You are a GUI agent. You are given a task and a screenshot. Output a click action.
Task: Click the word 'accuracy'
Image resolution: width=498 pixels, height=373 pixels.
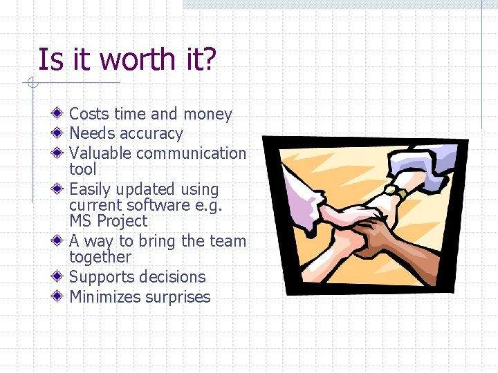pos(151,134)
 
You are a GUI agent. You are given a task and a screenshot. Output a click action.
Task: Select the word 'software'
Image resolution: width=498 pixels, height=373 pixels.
pos(163,205)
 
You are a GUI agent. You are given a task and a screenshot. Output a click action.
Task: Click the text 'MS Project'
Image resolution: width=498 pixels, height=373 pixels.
pos(109,221)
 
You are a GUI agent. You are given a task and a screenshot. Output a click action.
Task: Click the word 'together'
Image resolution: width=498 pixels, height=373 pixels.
pos(100,258)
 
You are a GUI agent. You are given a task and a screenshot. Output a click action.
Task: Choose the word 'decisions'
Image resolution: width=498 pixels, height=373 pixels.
pos(174,277)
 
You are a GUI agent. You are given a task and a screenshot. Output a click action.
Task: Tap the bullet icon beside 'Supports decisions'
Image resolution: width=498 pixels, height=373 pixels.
pos(60,276)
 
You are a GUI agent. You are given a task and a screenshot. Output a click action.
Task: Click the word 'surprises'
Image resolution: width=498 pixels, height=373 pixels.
pos(178,297)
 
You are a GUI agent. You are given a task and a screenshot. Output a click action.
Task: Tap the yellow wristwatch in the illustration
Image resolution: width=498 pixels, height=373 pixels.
pos(396,192)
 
